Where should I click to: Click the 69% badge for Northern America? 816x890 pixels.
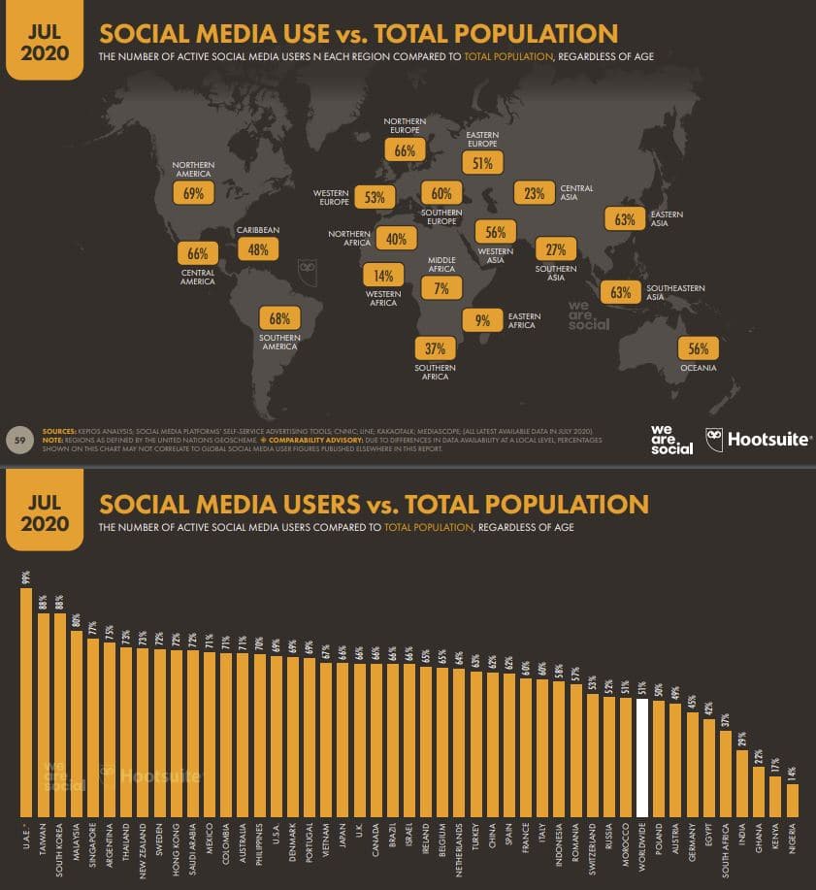[x=193, y=193]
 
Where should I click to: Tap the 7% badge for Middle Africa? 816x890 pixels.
[x=441, y=288]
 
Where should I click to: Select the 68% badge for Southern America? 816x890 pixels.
[x=279, y=318]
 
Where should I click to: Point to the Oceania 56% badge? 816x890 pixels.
[x=698, y=349]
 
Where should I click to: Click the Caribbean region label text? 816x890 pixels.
[x=258, y=230]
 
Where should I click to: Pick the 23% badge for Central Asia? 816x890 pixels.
[x=534, y=193]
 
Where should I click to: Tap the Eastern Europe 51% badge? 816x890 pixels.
[x=482, y=163]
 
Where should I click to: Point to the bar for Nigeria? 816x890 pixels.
[x=792, y=800]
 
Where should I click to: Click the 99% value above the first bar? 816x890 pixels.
[x=26, y=577]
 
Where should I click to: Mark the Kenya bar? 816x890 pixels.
[x=775, y=796]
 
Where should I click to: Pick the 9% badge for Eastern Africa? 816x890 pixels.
[x=482, y=320]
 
